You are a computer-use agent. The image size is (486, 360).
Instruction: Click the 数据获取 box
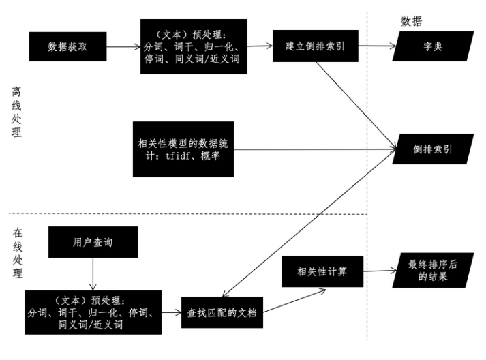coord(66,47)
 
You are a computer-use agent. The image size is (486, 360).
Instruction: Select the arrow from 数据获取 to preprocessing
coord(122,47)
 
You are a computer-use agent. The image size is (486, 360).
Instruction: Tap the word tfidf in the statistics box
coord(178,156)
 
